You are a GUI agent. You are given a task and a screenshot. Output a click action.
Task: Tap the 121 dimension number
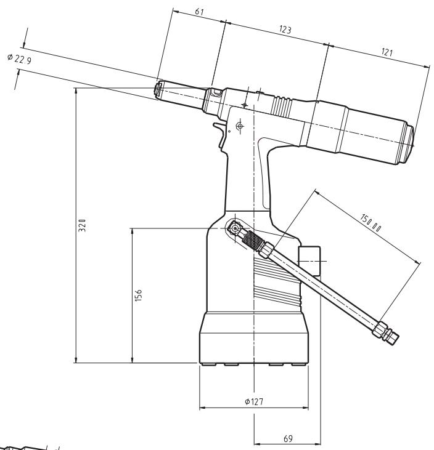[x=387, y=53]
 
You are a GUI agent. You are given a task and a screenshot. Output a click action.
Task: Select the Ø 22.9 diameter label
[x=20, y=58]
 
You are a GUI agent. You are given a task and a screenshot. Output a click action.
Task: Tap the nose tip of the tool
[x=158, y=90]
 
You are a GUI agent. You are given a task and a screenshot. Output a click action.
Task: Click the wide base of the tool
[x=253, y=342]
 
